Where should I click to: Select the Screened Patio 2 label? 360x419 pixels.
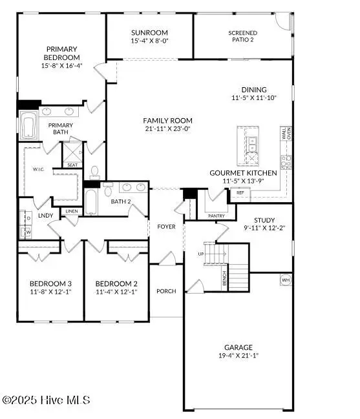click(242, 37)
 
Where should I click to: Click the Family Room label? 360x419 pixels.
click(167, 120)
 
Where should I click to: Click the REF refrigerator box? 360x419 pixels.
click(240, 192)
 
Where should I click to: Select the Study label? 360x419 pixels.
click(264, 220)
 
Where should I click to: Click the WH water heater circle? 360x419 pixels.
click(285, 280)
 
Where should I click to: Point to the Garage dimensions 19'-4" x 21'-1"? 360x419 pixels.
click(238, 354)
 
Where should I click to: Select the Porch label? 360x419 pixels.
click(166, 291)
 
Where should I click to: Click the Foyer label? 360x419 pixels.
click(166, 227)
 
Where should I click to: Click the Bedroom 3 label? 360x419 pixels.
click(50, 283)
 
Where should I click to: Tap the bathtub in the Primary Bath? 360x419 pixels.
click(29, 127)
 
